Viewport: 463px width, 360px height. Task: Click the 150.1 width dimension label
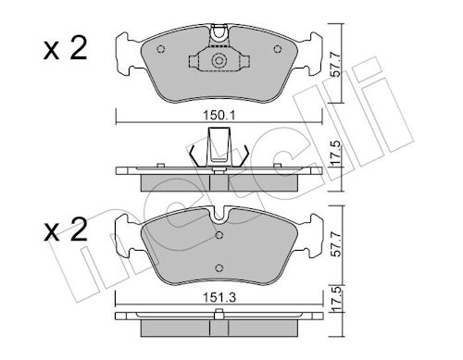219,116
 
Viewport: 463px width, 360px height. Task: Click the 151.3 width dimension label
219,298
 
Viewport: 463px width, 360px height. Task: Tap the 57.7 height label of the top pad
335,65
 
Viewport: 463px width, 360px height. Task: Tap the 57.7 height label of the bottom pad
335,244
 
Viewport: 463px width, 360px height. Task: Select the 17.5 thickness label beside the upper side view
335,154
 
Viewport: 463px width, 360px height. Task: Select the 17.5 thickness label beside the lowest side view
335,299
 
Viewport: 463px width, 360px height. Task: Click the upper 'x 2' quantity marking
66,49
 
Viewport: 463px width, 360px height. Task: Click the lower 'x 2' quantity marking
66,230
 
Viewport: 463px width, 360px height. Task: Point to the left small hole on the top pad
161,49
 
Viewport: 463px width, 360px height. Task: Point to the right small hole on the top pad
278,49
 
